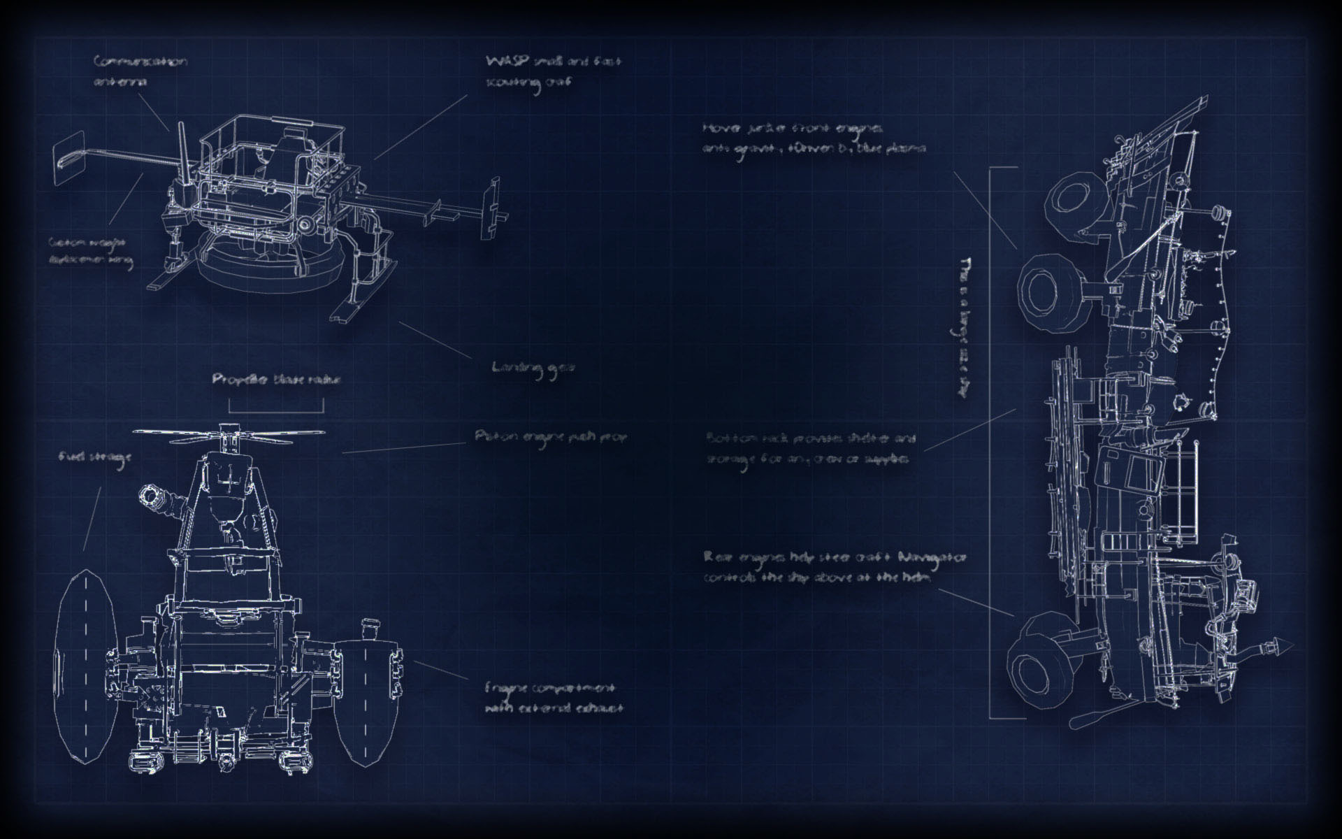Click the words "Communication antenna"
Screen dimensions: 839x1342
(x=140, y=71)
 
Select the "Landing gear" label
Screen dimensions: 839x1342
(x=533, y=368)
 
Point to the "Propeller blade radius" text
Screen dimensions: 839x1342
(x=277, y=380)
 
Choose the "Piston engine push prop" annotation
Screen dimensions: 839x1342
(x=551, y=437)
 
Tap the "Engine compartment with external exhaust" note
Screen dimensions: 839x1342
(x=553, y=699)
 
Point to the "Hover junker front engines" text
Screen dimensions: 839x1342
(x=814, y=138)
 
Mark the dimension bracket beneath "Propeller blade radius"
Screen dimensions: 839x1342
(x=276, y=407)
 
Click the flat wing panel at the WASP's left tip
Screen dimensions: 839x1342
(x=68, y=159)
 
